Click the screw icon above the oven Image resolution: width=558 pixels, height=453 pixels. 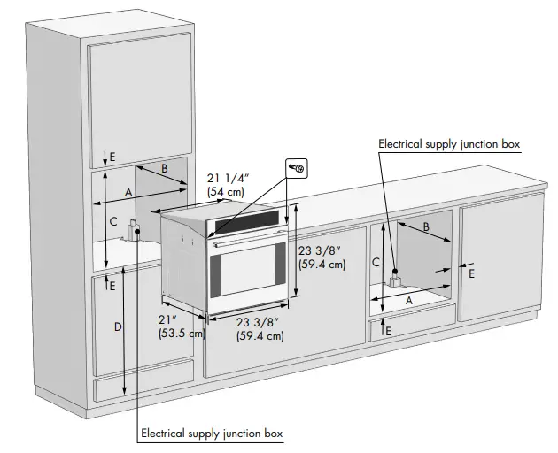pyautogui.click(x=298, y=166)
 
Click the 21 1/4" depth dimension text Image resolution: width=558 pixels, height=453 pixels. pyautogui.click(x=226, y=185)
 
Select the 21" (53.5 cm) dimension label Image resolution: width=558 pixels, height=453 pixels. pyautogui.click(x=181, y=326)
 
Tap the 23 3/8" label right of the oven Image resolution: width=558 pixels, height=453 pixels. pyautogui.click(x=322, y=257)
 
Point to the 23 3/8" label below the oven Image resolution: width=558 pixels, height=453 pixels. pyautogui.click(x=260, y=328)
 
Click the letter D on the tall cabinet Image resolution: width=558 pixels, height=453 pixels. pyautogui.click(x=117, y=327)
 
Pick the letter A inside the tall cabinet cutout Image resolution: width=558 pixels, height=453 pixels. pyautogui.click(x=128, y=192)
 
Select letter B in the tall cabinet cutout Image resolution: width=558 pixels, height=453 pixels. pyautogui.click(x=165, y=168)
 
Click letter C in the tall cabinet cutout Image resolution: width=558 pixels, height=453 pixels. pyautogui.click(x=112, y=222)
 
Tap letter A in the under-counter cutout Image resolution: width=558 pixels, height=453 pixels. pyautogui.click(x=408, y=299)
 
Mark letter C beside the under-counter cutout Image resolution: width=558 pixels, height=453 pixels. pyautogui.click(x=376, y=262)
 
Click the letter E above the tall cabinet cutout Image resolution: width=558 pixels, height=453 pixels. pyautogui.click(x=112, y=157)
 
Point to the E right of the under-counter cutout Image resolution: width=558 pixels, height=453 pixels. pyautogui.click(x=471, y=274)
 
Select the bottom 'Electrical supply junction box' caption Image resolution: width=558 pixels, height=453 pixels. pyautogui.click(x=211, y=433)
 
